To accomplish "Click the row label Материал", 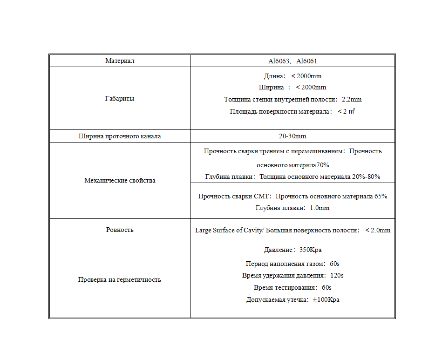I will pos(120,61).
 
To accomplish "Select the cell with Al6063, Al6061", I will pos(292,61).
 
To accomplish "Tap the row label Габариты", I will pos(120,99).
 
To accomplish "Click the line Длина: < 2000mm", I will pos(292,76).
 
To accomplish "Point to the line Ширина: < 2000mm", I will pos(292,88).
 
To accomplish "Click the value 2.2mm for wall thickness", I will pos(352,99).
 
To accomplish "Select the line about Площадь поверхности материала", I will pos(292,111).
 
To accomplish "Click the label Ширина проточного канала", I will pos(120,136).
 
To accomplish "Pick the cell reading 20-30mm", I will pos(292,136).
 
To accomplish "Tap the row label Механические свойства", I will pos(120,180).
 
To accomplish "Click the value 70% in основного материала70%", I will pos(323,165).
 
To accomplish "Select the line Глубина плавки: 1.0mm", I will pos(292,208).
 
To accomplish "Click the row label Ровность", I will pos(120,230).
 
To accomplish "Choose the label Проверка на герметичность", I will pos(120,279).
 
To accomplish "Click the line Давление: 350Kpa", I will pos(292,250).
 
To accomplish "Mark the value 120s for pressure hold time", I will pos(337,275).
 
